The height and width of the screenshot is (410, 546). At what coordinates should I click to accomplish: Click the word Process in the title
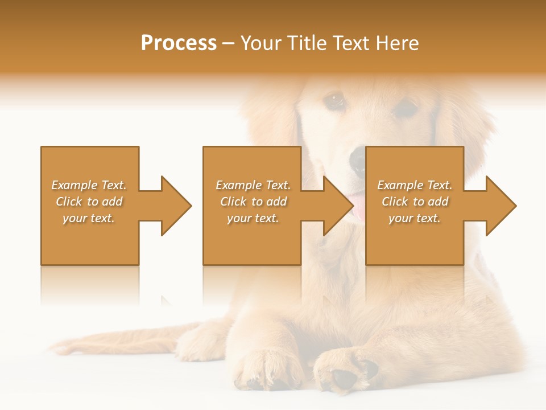(x=178, y=43)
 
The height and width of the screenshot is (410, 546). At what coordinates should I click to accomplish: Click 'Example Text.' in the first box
(x=89, y=185)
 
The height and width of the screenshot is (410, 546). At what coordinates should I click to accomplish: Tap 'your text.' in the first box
(x=89, y=218)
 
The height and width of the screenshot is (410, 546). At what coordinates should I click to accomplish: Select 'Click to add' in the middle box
(x=253, y=202)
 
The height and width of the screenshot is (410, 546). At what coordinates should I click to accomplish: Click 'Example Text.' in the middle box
(x=253, y=185)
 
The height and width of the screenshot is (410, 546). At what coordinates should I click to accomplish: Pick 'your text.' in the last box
(x=415, y=218)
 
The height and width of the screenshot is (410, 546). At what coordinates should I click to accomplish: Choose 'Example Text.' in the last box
(x=415, y=185)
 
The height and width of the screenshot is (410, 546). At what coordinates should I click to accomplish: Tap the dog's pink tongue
(x=358, y=206)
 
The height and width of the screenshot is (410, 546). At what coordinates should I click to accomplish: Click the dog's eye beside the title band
(x=335, y=101)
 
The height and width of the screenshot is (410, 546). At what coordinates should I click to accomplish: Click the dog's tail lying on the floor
(x=108, y=344)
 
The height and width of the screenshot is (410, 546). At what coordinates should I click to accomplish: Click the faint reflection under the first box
(x=90, y=285)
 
